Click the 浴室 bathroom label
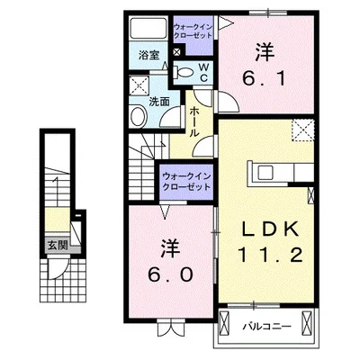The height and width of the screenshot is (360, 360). coord(148,55)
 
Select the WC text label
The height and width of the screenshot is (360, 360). coord(203,72)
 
